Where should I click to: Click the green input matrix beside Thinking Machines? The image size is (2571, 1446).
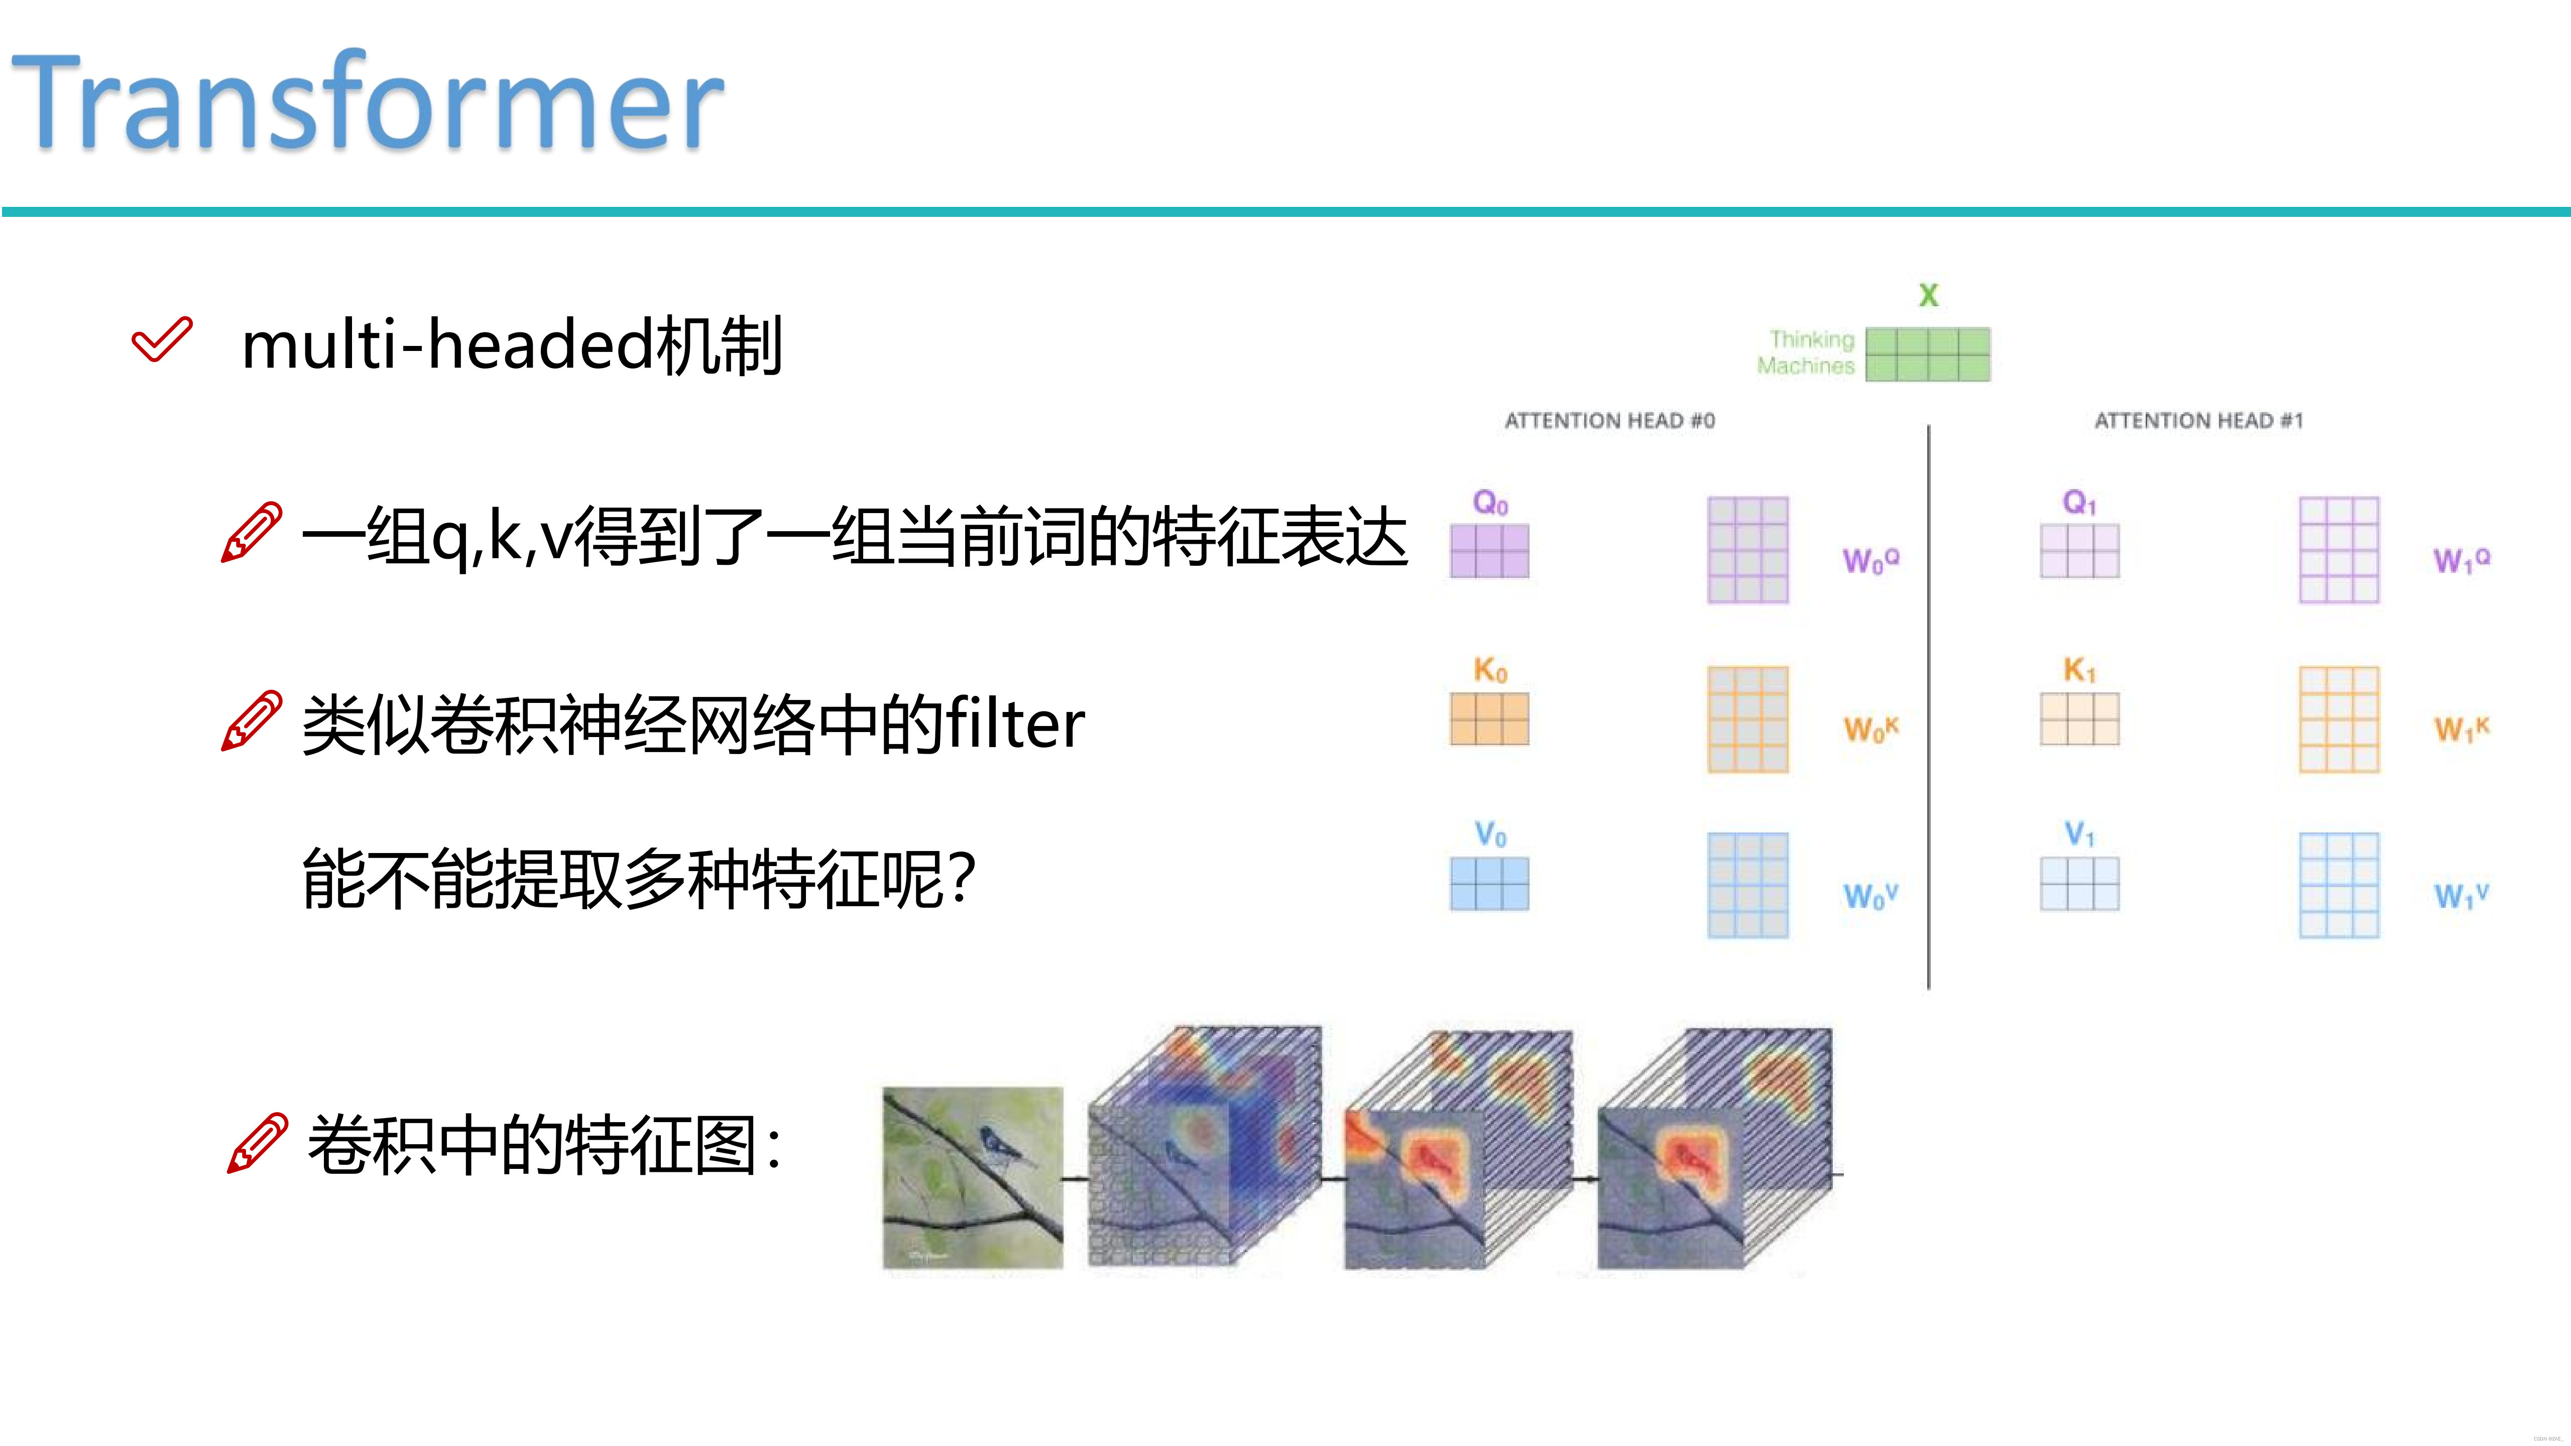point(1927,354)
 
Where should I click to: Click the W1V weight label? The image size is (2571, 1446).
point(2460,895)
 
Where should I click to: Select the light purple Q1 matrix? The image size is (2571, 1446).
point(2079,551)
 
